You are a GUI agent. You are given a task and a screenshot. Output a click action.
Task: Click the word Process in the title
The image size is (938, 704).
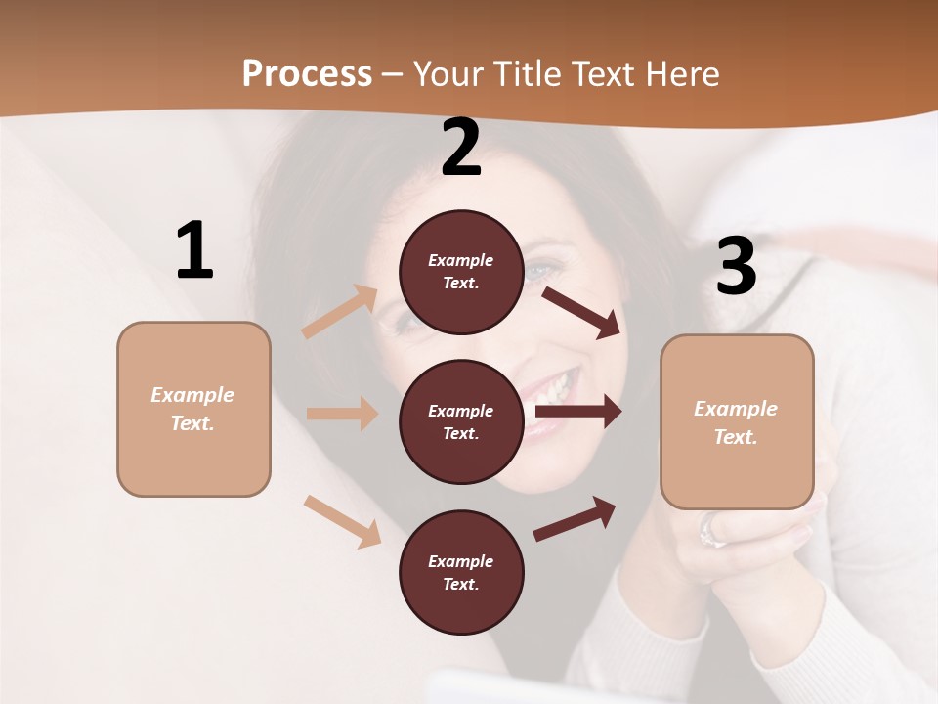[307, 74]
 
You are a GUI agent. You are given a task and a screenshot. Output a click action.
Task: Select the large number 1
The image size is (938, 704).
[194, 251]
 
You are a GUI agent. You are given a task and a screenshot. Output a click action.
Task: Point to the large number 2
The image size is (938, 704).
[461, 149]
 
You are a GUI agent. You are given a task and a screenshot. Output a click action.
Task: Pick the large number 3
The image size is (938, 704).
[736, 267]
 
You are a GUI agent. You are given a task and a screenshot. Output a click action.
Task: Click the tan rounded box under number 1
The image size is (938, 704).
[193, 409]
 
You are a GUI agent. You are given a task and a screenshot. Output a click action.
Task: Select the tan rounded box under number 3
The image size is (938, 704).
[737, 422]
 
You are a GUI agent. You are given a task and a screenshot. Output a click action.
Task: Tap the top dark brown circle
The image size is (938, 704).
[461, 272]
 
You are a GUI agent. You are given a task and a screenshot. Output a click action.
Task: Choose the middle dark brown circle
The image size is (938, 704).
[461, 422]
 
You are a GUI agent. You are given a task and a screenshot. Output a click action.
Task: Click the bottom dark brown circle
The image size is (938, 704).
[461, 573]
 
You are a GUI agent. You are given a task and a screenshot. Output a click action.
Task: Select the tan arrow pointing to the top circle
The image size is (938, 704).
[340, 312]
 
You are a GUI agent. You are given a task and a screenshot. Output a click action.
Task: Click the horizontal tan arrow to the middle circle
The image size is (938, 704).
[342, 414]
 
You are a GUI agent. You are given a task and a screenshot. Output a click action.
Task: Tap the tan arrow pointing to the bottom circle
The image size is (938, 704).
[342, 520]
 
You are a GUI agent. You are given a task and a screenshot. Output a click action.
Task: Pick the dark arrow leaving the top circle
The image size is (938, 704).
[581, 312]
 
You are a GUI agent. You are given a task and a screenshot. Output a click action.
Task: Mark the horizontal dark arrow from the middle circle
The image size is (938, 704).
[578, 412]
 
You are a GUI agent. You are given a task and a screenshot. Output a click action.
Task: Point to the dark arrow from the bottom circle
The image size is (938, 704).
[575, 519]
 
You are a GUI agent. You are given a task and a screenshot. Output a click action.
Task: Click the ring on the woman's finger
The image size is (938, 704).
[711, 532]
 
